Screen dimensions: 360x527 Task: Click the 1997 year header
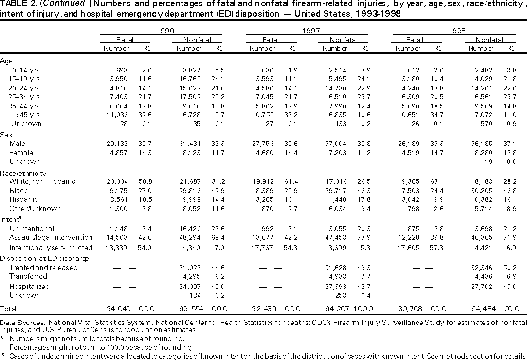pyautogui.click(x=309, y=31)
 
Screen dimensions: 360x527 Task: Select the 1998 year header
pyautogui.click(x=455, y=31)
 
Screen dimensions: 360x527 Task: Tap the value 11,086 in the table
pyautogui.click(x=118, y=114)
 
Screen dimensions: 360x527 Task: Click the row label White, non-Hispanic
pyautogui.click(x=42, y=182)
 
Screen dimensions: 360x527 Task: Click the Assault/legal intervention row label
pyautogui.click(x=51, y=237)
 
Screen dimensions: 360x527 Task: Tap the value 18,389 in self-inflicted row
pyautogui.click(x=118, y=247)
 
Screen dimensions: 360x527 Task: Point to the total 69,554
pyautogui.click(x=188, y=309)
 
